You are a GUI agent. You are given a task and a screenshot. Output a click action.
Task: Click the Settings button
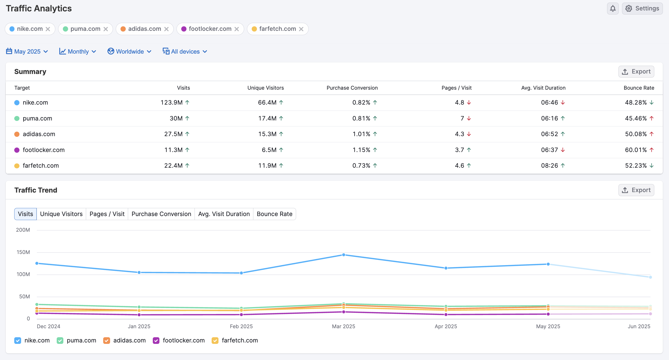(642, 9)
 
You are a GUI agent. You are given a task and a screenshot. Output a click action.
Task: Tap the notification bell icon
(613, 9)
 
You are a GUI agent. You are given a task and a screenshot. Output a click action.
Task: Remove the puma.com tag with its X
(106, 29)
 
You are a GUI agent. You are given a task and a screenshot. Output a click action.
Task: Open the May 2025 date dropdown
(27, 51)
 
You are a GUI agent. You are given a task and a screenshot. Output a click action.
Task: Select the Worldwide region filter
(129, 51)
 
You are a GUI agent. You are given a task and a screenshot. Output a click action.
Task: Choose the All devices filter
(185, 51)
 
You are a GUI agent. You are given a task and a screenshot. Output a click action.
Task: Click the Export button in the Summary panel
(636, 71)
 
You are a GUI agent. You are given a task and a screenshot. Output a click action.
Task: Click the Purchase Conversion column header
(352, 88)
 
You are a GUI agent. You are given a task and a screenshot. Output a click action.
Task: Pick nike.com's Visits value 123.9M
(172, 102)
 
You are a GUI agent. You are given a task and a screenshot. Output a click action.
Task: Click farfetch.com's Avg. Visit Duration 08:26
(549, 166)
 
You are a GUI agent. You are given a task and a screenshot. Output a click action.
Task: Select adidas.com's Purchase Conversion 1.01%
(361, 134)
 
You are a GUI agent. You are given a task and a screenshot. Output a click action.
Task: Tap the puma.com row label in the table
(37, 118)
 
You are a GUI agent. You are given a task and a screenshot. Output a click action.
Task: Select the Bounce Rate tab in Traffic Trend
(274, 214)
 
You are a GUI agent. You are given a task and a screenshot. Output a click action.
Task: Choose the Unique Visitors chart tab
(61, 214)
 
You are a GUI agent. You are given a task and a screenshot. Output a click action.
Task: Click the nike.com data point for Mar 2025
(343, 255)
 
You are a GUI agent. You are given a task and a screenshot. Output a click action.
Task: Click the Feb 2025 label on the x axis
(241, 326)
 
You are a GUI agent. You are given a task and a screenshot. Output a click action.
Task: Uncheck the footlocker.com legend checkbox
(156, 341)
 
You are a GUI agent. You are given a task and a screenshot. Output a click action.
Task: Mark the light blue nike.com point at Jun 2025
(650, 277)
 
